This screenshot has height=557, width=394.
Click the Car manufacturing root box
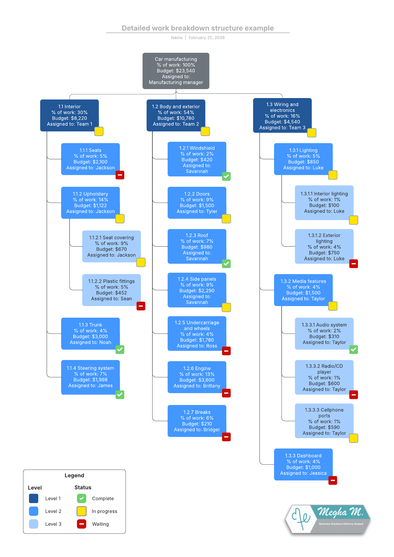176,71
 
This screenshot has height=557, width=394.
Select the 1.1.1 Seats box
90,159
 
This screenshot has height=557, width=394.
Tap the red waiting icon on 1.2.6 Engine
226,393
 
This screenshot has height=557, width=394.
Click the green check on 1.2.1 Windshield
226,176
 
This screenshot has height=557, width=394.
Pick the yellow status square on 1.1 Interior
99,131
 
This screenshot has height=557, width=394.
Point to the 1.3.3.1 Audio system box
324,334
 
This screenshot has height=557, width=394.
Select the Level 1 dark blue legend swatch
34,498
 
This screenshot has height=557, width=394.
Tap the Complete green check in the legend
82,498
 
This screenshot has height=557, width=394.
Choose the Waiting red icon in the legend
82,524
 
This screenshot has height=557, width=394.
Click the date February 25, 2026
207,38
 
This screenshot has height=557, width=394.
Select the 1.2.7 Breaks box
197,421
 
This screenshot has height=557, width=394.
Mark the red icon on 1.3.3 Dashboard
333,480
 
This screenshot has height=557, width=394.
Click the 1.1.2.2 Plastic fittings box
112,290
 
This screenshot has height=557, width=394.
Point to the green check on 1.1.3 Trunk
120,350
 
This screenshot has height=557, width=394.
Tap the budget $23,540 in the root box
176,71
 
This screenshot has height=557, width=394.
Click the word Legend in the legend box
74,475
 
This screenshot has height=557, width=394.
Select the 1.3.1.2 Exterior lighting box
324,247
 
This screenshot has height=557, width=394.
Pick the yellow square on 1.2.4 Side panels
226,307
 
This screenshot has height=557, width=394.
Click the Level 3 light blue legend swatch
34,524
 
